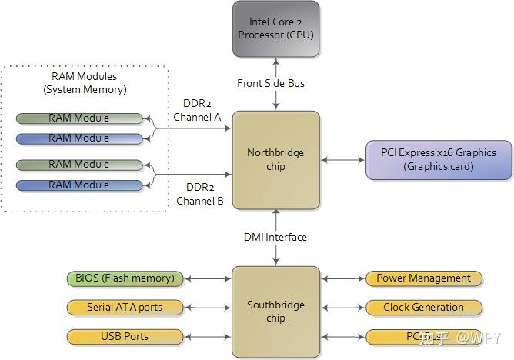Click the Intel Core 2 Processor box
[275, 28]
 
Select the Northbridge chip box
[275, 159]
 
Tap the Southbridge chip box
[275, 311]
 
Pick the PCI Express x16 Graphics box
[439, 159]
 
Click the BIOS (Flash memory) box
[125, 278]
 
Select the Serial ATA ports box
[125, 307]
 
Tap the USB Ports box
[125, 336]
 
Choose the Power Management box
[423, 278]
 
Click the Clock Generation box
[423, 307]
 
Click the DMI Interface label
[275, 237]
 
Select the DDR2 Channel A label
[197, 109]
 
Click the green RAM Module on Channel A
[79, 118]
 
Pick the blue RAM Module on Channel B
[79, 185]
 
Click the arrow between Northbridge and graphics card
[343, 160]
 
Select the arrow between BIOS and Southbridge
[207, 278]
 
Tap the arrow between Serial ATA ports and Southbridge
[207, 307]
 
